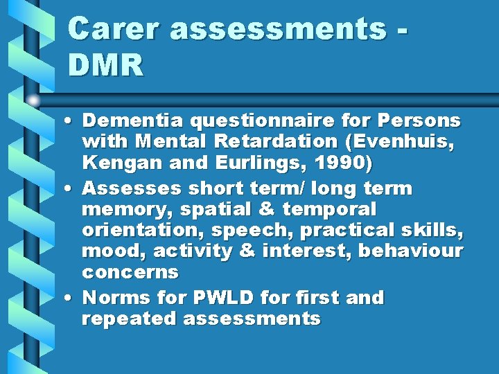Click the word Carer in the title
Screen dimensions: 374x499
click(114, 29)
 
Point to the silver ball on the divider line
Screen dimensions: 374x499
click(33, 100)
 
